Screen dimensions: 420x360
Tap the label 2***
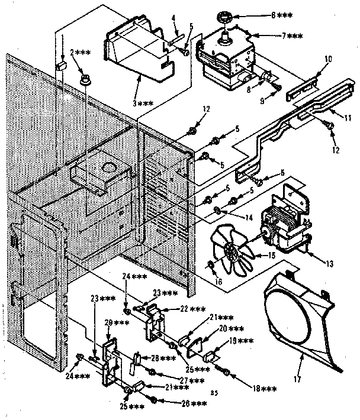click(x=81, y=53)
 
